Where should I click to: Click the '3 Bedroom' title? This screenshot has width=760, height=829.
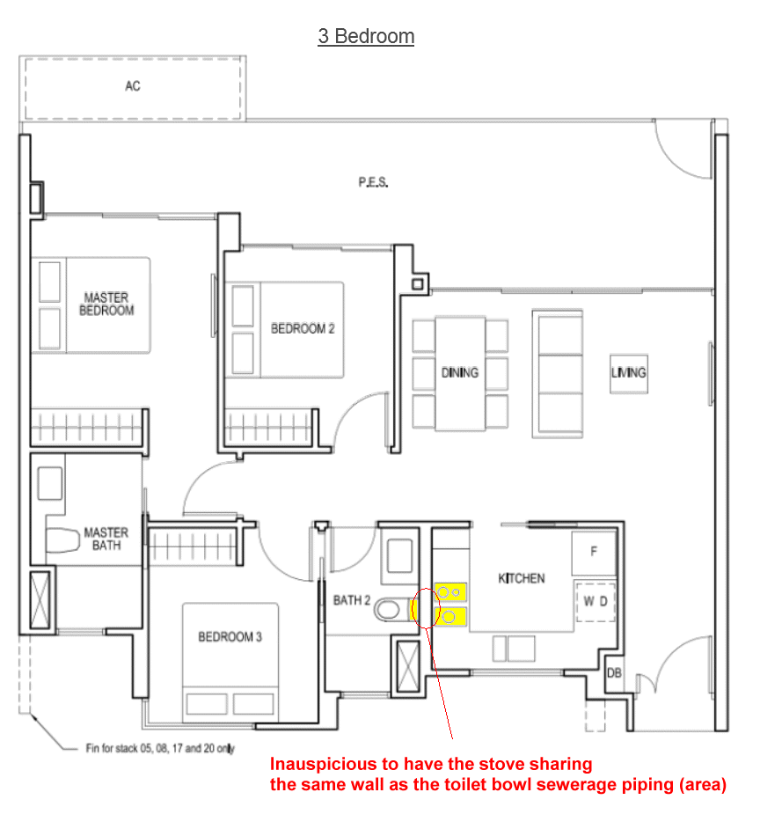click(366, 36)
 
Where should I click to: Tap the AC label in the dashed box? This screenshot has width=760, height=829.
click(133, 86)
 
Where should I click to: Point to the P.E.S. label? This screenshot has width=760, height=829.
click(373, 182)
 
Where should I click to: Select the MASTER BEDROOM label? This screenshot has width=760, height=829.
click(106, 304)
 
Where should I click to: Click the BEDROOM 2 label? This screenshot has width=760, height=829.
click(303, 329)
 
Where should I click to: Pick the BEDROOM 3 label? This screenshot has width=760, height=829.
click(230, 636)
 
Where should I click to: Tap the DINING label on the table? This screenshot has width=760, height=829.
click(460, 373)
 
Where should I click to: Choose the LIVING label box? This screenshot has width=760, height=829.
click(628, 373)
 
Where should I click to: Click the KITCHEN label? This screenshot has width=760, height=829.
click(521, 578)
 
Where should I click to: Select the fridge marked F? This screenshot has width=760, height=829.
click(594, 553)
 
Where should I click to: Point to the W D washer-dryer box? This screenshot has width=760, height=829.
click(596, 602)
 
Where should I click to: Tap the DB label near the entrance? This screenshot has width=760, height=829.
click(614, 673)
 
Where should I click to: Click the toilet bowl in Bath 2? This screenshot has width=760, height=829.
click(391, 610)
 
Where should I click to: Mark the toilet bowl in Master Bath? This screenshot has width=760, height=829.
click(62, 540)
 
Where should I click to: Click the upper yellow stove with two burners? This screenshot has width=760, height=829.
click(450, 592)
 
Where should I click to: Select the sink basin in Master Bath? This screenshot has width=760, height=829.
click(49, 483)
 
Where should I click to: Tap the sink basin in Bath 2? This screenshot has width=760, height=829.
click(399, 555)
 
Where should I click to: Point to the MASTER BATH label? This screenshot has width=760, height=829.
click(106, 539)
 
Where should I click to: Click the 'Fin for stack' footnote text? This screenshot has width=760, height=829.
click(160, 748)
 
